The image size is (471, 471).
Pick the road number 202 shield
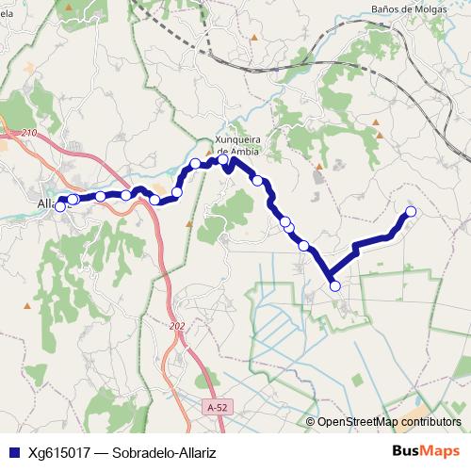pyautogui.click(x=178, y=326)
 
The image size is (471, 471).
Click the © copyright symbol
pyautogui.click(x=310, y=422)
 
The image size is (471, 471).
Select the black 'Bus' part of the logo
pyautogui.click(x=407, y=451)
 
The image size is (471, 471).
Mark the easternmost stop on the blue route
pyautogui.click(x=411, y=211)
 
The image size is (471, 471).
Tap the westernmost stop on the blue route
pyautogui.click(x=60, y=206)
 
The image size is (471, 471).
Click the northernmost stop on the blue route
pyautogui.click(x=223, y=160)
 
